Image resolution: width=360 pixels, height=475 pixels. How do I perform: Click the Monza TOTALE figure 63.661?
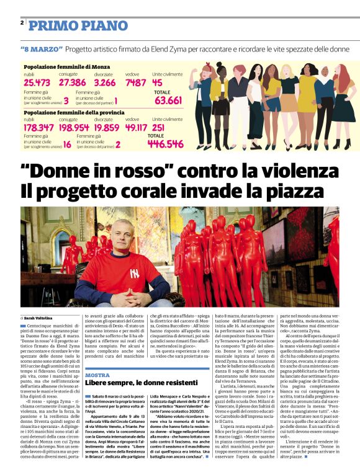pyautogui.click(x=168, y=100)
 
